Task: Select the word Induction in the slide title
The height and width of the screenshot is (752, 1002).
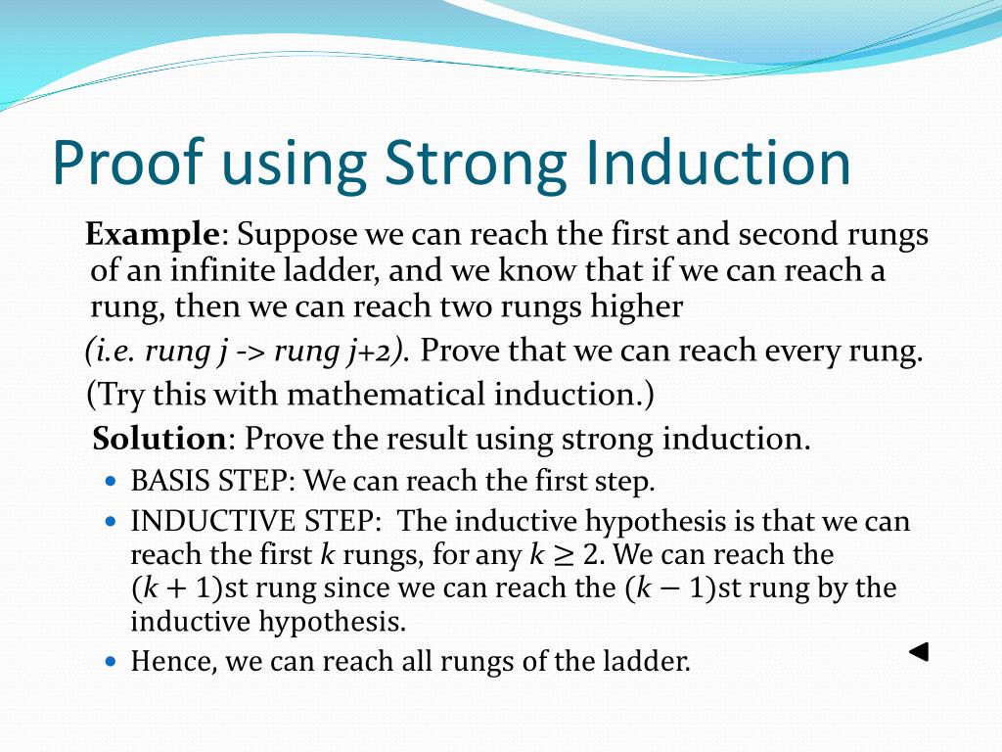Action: coord(716,163)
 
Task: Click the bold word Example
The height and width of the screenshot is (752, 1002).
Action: coord(152,236)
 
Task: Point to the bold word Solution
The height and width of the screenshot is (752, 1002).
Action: coord(159,438)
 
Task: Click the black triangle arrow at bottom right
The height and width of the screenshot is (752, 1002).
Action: coord(918,652)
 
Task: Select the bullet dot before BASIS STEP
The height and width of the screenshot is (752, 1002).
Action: coord(111,483)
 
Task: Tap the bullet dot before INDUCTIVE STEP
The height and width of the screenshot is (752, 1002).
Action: coord(111,522)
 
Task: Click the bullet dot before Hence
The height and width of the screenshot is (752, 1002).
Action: coord(111,662)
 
